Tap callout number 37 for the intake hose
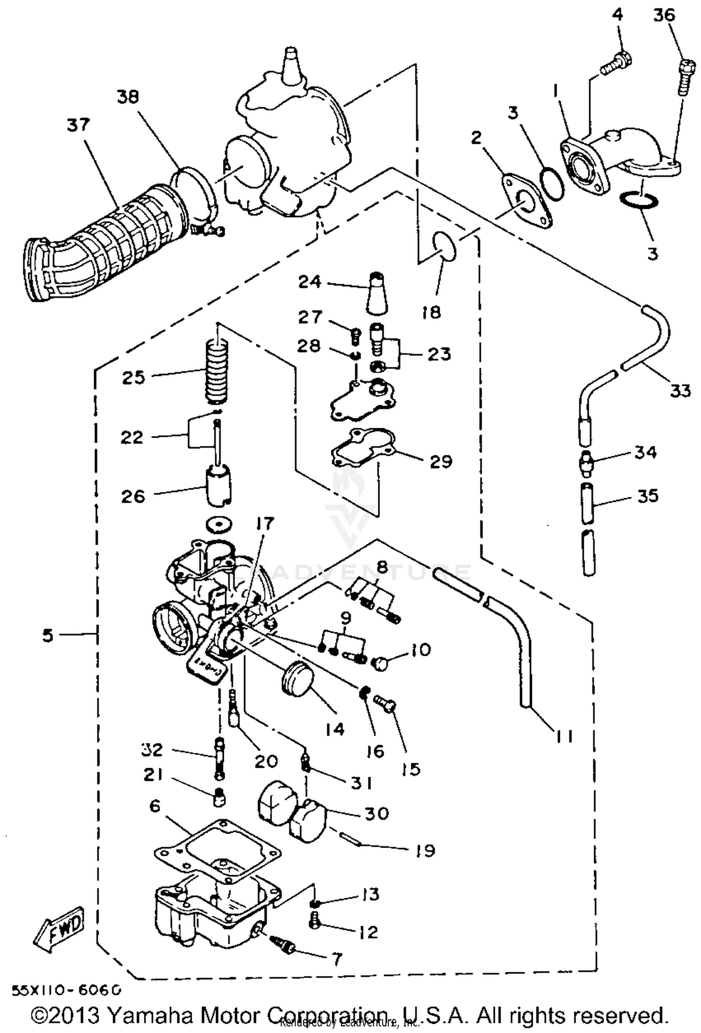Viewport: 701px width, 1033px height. (x=78, y=126)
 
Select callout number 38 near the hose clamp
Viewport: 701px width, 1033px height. (x=128, y=97)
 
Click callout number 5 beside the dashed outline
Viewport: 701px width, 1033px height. (x=48, y=635)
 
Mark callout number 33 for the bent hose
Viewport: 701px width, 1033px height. (x=680, y=389)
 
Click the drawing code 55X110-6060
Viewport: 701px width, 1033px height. (x=66, y=989)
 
